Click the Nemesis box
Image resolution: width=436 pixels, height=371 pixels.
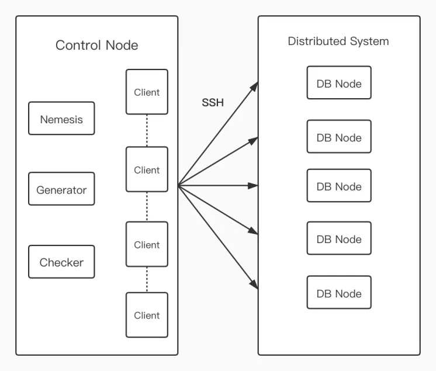61,119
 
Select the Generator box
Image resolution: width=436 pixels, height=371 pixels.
61,189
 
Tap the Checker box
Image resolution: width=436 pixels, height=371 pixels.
61,262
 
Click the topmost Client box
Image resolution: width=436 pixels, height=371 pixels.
147,92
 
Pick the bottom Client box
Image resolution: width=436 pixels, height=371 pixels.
147,315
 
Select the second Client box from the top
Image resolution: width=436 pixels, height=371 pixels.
147,169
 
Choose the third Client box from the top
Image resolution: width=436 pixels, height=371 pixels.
147,244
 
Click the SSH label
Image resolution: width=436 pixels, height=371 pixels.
213,103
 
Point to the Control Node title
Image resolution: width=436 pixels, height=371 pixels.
97,45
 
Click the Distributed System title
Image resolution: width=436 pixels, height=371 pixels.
338,41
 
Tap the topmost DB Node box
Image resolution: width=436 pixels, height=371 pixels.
339,82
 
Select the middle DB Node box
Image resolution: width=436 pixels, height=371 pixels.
339,185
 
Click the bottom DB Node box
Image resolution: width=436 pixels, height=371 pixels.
339,292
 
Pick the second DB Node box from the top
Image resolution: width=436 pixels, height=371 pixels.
339,137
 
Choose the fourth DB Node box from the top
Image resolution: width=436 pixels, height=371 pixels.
339,238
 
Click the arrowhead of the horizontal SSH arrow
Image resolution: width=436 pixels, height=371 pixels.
253,185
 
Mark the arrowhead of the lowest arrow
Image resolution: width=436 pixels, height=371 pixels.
254,285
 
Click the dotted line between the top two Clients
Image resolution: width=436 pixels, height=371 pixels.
147,131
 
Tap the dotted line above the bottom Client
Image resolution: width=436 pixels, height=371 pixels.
147,280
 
